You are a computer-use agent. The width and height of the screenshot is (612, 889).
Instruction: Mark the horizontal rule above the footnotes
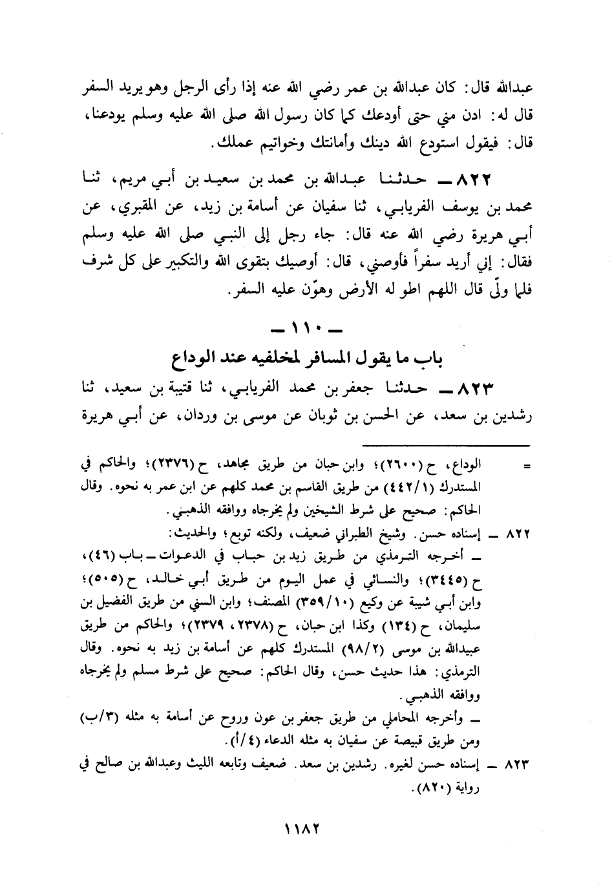445,445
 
